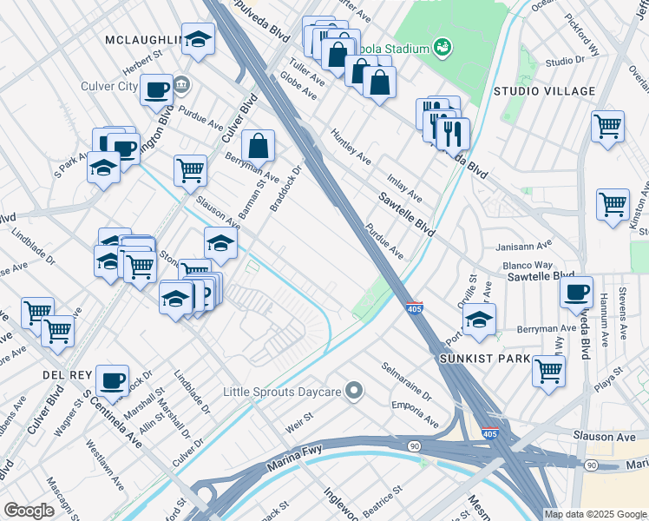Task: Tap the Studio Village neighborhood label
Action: (544, 91)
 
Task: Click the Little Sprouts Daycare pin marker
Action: (353, 392)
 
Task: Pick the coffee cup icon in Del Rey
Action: (112, 379)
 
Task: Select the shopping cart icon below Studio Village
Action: (607, 125)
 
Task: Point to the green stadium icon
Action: (442, 45)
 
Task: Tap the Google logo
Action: (29, 511)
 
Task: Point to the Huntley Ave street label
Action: (351, 148)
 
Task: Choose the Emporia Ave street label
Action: (415, 412)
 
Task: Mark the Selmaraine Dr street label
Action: (407, 381)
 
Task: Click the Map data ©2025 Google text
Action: (595, 514)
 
